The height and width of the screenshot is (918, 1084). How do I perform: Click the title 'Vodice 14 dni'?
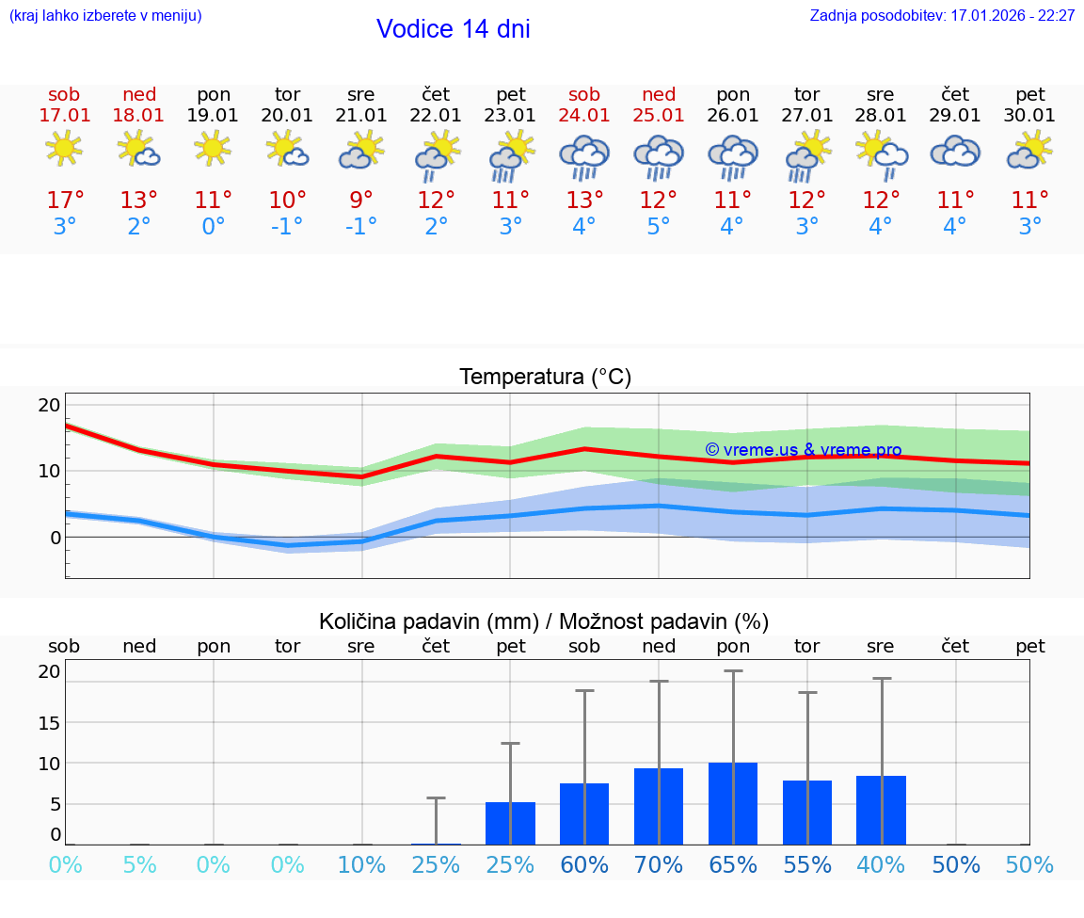pos(453,29)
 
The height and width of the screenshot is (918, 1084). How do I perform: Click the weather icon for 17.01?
pos(64,149)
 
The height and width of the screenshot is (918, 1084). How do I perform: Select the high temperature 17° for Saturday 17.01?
pos(65,201)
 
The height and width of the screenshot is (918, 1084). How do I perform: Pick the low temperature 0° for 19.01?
pos(214,227)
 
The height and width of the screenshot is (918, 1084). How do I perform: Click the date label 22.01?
pos(436,116)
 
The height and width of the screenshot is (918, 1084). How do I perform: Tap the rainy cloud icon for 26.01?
pos(733,155)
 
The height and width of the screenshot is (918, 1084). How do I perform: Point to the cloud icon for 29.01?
pos(955,152)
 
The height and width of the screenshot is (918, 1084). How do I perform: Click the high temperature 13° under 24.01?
pos(584,201)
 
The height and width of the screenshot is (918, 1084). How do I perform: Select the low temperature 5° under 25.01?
pos(659,227)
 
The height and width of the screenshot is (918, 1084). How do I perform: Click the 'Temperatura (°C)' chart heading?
pos(545,378)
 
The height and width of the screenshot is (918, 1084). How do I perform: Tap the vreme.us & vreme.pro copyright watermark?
pos(803,450)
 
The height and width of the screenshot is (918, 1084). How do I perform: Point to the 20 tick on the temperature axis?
pos(49,405)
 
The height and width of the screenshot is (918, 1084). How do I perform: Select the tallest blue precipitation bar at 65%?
pos(733,803)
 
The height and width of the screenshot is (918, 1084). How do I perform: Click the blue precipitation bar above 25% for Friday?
pos(510,823)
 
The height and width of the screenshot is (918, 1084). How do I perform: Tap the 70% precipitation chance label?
pos(659,865)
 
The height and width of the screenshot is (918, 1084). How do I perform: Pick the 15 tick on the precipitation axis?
pos(49,722)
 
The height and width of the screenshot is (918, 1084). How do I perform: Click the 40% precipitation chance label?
pos(881,865)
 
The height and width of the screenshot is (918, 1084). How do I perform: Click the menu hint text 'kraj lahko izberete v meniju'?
pos(105,16)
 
